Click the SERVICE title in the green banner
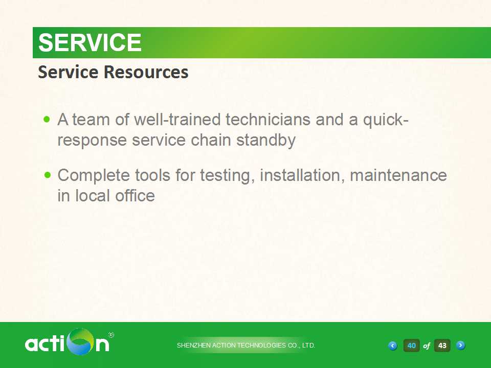pos(90,42)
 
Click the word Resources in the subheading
pos(146,72)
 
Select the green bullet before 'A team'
pos(47,119)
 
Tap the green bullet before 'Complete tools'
pos(47,175)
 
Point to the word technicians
pos(267,119)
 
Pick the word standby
pos(266,140)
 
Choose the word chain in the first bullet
pos(211,140)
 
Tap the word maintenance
pos(398,175)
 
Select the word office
pos(135,196)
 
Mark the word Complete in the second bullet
pos(94,175)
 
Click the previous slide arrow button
pos(392,346)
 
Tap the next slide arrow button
pos(460,345)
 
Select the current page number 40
pos(411,346)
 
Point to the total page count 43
pos(442,346)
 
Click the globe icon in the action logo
pos(80,341)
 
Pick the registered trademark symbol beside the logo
pos(111,335)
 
